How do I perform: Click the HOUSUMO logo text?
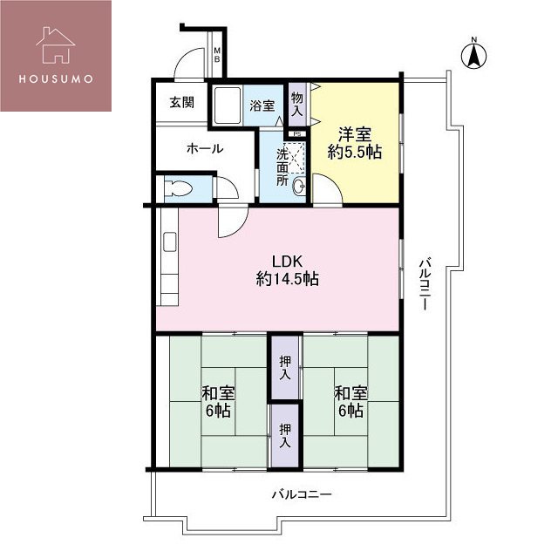(x=56, y=78)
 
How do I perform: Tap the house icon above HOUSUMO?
(x=56, y=45)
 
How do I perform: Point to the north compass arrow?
(x=473, y=53)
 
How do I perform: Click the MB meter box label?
(x=217, y=55)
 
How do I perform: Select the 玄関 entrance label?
(x=182, y=103)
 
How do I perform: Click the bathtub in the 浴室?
(x=228, y=105)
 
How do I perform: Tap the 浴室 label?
(x=262, y=105)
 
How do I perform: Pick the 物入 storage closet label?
(x=296, y=104)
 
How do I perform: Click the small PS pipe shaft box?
(x=297, y=134)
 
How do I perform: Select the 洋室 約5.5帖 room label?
(x=355, y=144)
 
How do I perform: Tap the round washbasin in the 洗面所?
(x=298, y=185)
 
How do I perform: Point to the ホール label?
(x=205, y=148)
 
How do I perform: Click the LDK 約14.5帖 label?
(x=287, y=270)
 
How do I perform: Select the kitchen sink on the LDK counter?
(x=170, y=242)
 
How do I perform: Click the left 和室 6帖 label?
(x=218, y=402)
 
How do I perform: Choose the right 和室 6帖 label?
(x=350, y=402)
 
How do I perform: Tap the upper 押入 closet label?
(x=285, y=367)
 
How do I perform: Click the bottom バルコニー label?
(x=302, y=494)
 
